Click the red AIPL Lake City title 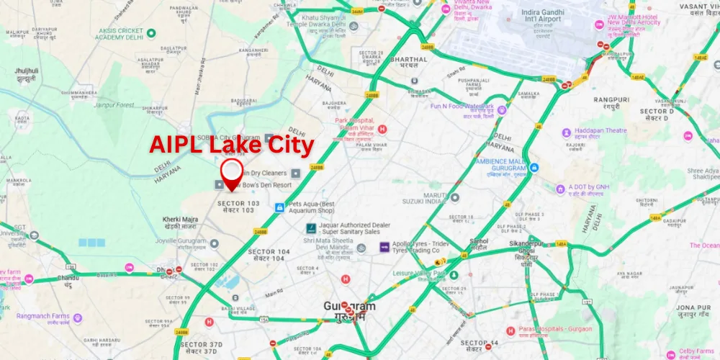232,145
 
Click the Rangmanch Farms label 43,318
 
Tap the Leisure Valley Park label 419,274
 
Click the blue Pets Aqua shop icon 279,207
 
